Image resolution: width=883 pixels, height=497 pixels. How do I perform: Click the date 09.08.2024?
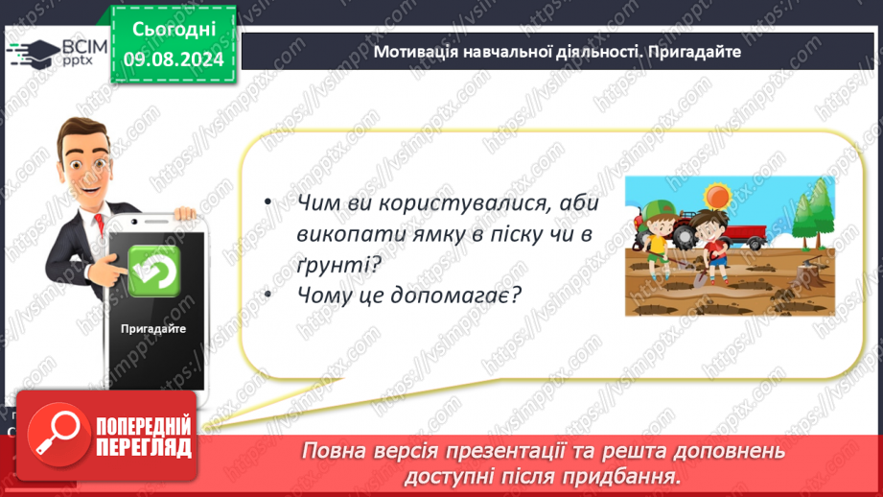coord(174,59)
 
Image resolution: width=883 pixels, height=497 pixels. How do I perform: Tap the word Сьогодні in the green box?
coord(174,30)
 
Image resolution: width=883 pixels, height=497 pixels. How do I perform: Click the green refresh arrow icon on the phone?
coord(153,271)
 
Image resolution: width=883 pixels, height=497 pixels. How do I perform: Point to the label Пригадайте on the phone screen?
coord(153,328)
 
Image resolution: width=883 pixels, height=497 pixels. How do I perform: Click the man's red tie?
coord(100,224)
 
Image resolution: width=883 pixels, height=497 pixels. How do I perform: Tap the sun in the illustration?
coord(717,197)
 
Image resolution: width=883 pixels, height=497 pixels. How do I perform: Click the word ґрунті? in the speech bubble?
coord(339,264)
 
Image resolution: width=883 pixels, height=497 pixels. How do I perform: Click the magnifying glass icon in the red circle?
coord(58,435)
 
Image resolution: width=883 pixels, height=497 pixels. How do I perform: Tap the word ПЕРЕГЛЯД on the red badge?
coord(144,447)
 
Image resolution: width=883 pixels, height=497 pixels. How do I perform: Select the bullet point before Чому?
coord(268,294)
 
